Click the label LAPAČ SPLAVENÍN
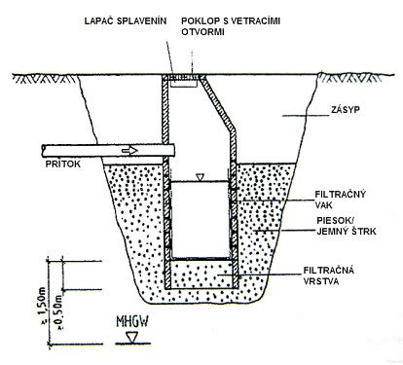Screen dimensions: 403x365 [126, 21]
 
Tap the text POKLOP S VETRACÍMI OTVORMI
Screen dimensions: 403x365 [231, 26]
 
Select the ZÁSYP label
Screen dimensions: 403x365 [346, 110]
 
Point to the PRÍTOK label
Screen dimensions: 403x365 [62, 164]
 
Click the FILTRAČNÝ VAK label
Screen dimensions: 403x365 [341, 200]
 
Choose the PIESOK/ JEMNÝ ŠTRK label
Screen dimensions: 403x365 [347, 226]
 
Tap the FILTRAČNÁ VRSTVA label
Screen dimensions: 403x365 [329, 275]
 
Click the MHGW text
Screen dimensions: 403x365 [132, 322]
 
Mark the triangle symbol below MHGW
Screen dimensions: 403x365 [131, 337]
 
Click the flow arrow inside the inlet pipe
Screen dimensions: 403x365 [129, 151]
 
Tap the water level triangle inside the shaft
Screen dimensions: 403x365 [200, 177]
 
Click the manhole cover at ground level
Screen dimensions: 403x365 [183, 77]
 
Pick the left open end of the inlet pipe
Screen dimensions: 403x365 [43, 151]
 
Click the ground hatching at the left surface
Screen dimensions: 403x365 [47, 79]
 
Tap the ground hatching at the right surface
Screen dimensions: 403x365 [353, 79]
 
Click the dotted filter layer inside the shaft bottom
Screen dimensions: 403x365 [201, 274]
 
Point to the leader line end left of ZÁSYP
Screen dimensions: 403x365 [282, 116]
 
